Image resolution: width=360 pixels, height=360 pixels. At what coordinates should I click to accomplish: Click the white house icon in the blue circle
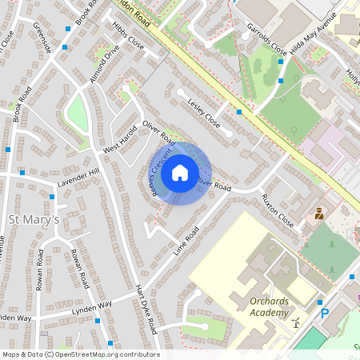[x=180, y=172]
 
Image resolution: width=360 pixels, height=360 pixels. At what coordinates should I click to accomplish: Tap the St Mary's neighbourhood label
[x=34, y=219]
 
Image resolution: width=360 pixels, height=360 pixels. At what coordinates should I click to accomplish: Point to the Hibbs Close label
[x=128, y=37]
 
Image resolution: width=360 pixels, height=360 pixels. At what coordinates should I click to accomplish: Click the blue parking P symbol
[x=324, y=314]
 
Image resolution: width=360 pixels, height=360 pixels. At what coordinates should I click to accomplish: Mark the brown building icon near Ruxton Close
[x=319, y=214]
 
